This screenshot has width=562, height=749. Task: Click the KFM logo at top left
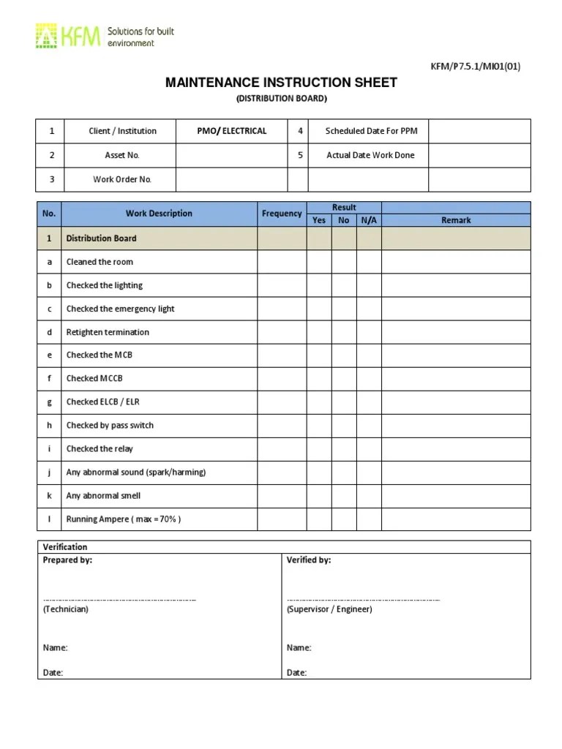coord(67,37)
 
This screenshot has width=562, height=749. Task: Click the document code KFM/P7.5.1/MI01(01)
coord(475,67)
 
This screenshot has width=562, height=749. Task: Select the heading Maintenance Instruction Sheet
coord(281,83)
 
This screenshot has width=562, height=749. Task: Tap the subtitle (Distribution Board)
coord(281,98)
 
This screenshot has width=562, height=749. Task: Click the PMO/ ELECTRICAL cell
coord(231,131)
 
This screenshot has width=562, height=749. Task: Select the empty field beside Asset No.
coord(231,155)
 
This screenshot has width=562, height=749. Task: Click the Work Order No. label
coord(122,179)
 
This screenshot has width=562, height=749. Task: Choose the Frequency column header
coord(281,214)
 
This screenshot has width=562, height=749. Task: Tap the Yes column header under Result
coord(319,219)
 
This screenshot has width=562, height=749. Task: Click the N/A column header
coord(369,219)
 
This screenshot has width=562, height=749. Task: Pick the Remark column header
coord(456,219)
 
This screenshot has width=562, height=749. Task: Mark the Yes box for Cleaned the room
coord(319,262)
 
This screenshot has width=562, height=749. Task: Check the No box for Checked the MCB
coord(344,355)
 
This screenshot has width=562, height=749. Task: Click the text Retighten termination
coord(108,332)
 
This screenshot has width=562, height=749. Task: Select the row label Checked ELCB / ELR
coord(102,402)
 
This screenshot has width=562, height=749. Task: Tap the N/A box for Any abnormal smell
coord(369,495)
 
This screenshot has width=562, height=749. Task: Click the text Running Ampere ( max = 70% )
coord(123,519)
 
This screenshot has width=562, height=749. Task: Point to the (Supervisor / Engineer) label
coord(329,609)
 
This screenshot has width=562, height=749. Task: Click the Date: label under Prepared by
coord(53,672)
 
